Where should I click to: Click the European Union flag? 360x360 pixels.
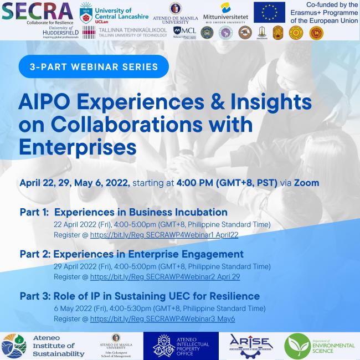pos(269,12)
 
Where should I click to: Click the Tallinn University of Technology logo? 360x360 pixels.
pos(125,32)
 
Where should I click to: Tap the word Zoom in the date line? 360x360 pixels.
pos(306,182)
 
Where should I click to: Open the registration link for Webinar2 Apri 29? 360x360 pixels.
pos(164,276)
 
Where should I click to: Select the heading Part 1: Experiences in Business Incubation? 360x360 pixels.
pos(124,212)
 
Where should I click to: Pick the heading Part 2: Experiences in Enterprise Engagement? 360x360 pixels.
pos(132,254)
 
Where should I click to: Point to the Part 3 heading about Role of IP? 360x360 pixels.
pos(140,296)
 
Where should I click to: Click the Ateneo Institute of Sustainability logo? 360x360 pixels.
pos(44,346)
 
